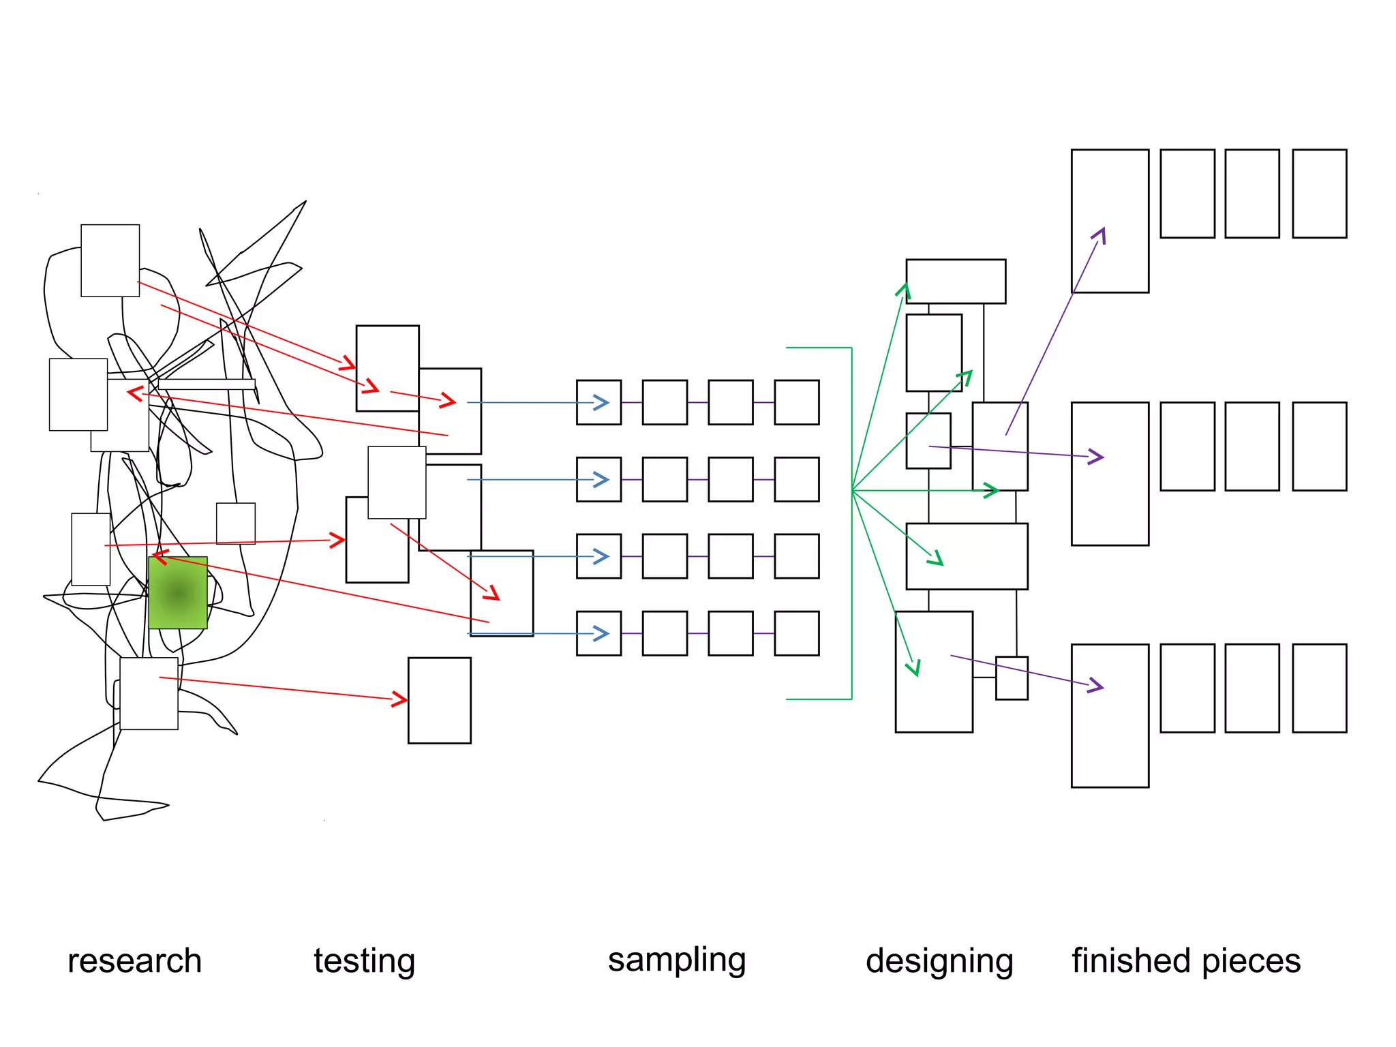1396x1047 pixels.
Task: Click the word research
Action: [x=134, y=961]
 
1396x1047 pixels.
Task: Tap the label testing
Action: [x=364, y=961]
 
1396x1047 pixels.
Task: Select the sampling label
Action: [x=676, y=960]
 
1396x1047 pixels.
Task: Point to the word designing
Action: [x=939, y=961]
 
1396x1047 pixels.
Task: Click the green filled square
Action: [x=178, y=592]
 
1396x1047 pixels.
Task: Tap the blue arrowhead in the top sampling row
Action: [x=601, y=403]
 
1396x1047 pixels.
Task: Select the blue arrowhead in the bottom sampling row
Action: [x=601, y=634]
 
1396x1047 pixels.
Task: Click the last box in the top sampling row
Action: [x=796, y=403]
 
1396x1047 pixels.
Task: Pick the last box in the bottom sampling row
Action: [x=796, y=634]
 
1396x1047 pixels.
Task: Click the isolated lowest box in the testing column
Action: [x=439, y=700]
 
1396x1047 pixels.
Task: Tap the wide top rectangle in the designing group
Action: [x=956, y=281]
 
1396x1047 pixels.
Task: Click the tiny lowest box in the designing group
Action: [x=1012, y=678]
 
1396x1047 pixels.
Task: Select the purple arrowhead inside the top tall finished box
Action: [x=1099, y=235]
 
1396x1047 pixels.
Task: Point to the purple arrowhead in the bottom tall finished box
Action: [x=1096, y=686]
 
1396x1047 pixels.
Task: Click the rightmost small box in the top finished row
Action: [x=1319, y=194]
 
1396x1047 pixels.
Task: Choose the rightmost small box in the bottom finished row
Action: [x=1319, y=688]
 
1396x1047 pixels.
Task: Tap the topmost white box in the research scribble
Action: [x=110, y=260]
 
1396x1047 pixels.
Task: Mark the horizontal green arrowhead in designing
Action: [x=991, y=490]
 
